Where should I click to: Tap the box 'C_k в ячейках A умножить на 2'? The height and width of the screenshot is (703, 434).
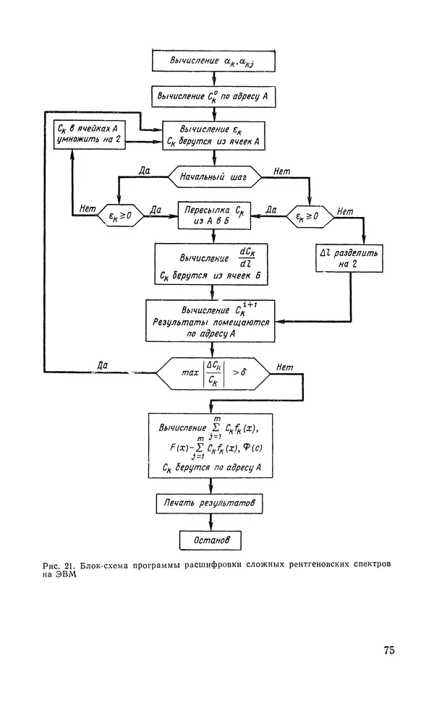coord(89,135)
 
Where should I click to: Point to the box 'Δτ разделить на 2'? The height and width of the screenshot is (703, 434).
coord(348,260)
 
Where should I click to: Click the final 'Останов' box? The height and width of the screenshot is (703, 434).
coord(209,540)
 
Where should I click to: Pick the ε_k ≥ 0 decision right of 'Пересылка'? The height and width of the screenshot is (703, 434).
coord(309,215)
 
